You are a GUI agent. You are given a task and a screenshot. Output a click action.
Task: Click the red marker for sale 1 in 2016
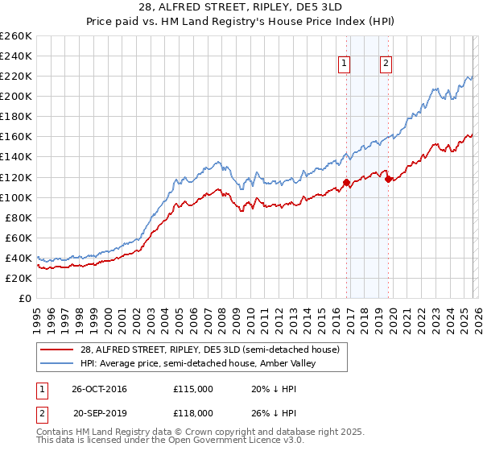tap(346, 182)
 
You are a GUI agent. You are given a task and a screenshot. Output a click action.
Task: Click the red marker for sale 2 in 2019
tap(387, 179)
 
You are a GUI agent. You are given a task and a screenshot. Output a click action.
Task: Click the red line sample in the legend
tap(58, 350)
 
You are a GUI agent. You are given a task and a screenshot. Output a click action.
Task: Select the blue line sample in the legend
tap(58, 363)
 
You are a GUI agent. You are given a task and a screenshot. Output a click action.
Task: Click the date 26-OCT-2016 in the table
tap(98, 389)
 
